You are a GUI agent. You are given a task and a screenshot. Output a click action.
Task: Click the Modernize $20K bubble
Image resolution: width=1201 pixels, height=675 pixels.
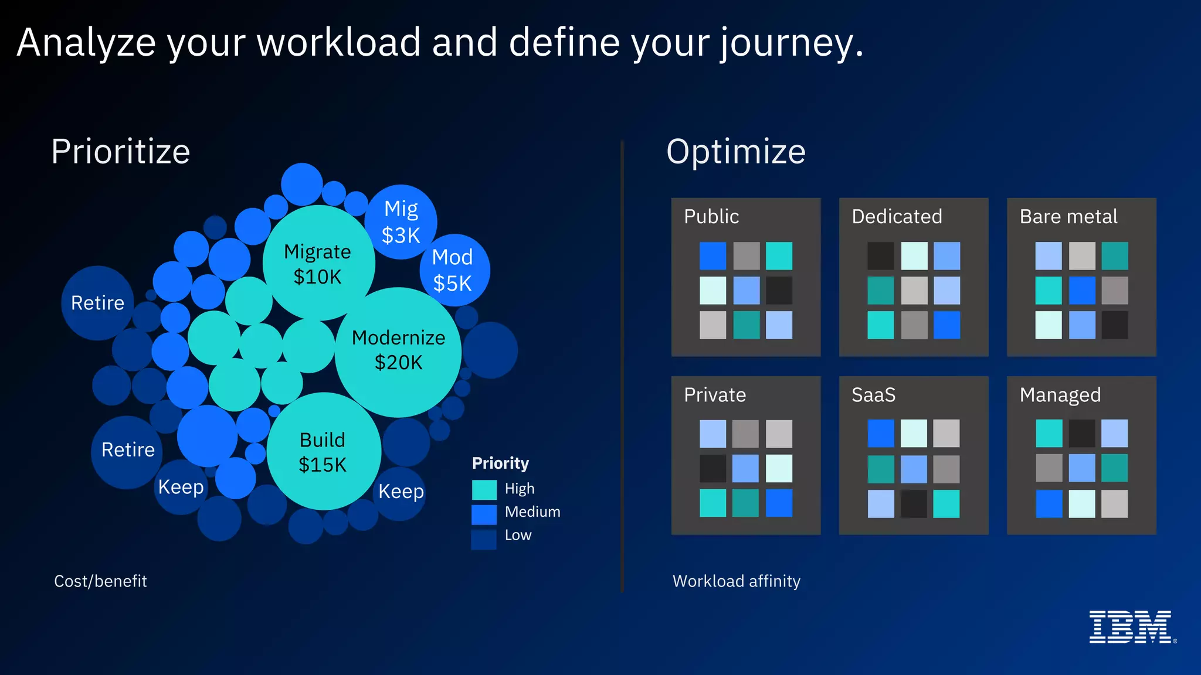[x=398, y=352]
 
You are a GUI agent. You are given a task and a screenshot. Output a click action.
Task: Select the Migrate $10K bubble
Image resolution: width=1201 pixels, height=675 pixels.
[x=318, y=263]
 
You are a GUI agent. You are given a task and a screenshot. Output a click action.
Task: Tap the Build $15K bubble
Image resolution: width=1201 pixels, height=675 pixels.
[x=323, y=452]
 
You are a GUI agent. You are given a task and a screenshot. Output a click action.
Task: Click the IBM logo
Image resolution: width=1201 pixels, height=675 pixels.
[x=1131, y=627]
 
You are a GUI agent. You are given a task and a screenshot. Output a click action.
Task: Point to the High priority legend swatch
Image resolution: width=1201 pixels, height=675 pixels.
[x=484, y=489]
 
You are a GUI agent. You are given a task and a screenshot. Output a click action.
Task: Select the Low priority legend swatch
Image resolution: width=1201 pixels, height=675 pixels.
[x=484, y=538]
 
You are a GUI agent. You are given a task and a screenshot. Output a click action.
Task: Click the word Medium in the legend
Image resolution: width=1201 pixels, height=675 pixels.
[x=532, y=512]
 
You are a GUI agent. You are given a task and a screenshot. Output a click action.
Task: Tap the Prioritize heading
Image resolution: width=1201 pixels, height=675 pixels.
[x=121, y=152]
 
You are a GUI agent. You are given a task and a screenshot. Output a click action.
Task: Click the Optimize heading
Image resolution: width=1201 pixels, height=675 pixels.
[x=736, y=152]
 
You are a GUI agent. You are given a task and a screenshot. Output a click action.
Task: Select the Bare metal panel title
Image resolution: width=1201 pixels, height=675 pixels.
[x=1068, y=217]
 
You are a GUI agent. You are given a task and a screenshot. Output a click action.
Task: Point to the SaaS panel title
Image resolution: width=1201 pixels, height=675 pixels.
[x=873, y=396]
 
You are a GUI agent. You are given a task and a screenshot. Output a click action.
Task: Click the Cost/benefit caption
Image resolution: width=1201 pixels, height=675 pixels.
[x=100, y=581]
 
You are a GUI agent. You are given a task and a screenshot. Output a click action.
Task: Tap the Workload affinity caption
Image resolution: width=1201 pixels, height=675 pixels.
[x=736, y=581]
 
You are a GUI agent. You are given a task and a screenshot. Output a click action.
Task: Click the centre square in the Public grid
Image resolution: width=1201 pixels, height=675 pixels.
[x=746, y=291]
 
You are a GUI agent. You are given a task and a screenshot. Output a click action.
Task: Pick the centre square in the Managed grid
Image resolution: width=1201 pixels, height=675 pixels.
[x=1082, y=468]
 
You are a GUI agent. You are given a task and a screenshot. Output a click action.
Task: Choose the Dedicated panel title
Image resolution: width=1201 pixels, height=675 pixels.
[x=897, y=217]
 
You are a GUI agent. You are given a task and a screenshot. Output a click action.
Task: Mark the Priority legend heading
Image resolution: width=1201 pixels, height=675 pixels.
[x=500, y=463]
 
